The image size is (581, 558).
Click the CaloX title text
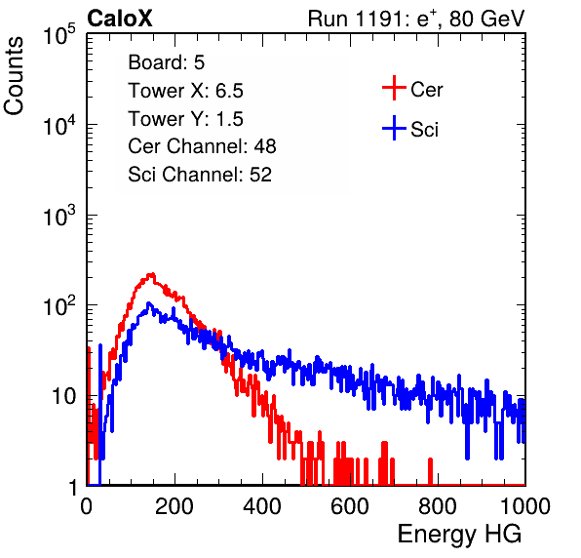[x=120, y=19]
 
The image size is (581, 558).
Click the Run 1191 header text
[x=416, y=19]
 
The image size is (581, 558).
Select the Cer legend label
[x=426, y=90]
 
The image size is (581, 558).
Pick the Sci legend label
[x=424, y=130]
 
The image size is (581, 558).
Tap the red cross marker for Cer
[x=394, y=88]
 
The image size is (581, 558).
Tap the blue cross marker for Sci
[x=394, y=128]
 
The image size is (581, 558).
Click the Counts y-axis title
[x=14, y=76]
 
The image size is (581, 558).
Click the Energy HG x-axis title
[x=459, y=535]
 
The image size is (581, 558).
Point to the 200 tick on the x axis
[x=174, y=506]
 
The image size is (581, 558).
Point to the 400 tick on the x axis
[x=262, y=506]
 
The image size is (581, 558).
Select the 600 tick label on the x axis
[x=350, y=506]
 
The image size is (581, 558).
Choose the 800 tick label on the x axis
[x=438, y=506]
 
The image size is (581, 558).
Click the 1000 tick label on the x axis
[x=525, y=506]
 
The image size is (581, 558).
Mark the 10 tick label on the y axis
[x=64, y=397]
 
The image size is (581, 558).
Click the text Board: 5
[x=167, y=62]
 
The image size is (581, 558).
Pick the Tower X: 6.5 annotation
[x=185, y=91]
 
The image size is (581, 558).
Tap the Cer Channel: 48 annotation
[x=202, y=146]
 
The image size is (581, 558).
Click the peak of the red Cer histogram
[x=151, y=274]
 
